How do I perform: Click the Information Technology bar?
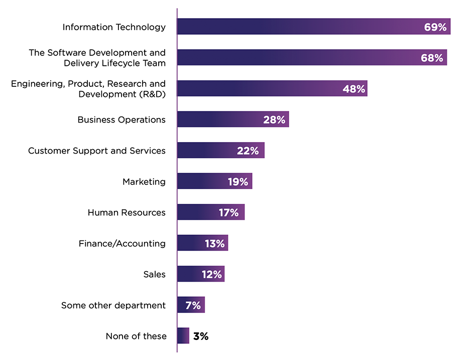click(301, 27)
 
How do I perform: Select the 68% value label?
click(432, 58)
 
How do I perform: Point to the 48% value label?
click(354, 89)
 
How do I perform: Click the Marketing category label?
click(144, 181)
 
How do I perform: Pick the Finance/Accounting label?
click(122, 244)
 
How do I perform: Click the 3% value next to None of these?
click(200, 336)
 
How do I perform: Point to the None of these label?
click(136, 336)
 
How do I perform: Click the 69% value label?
click(435, 27)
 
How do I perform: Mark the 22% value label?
click(248, 151)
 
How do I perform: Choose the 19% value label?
click(238, 182)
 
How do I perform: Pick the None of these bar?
click(183, 336)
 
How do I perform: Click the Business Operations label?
click(121, 119)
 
